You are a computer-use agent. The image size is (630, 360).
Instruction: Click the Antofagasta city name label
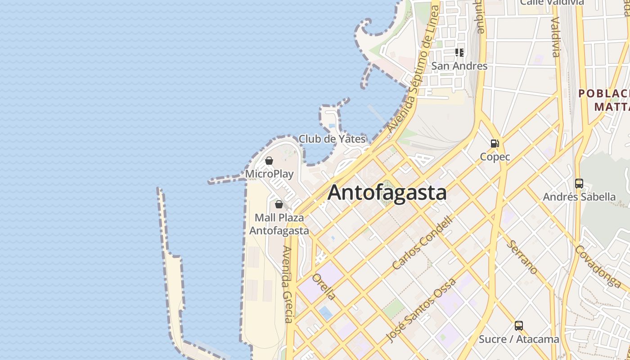[x=387, y=193]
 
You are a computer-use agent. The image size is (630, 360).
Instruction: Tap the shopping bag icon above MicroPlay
[x=269, y=161]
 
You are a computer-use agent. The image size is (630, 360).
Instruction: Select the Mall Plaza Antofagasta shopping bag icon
[x=279, y=204]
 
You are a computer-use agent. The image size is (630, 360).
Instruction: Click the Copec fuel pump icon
[x=495, y=144]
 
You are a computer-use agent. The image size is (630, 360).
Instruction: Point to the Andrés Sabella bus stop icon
[x=579, y=184]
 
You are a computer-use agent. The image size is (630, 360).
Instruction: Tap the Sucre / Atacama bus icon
[x=519, y=325]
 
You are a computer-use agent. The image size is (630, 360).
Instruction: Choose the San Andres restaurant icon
[x=459, y=53]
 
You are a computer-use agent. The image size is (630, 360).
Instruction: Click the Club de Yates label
[x=332, y=139]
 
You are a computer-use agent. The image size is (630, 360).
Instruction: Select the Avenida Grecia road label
[x=288, y=284]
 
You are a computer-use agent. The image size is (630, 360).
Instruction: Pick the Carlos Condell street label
[x=422, y=243]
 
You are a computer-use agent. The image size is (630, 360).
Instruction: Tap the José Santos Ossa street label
[x=422, y=310]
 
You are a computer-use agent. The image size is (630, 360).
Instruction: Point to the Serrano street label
[x=522, y=257]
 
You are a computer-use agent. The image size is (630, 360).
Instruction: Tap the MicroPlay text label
[x=269, y=174]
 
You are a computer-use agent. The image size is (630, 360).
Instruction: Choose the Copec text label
[x=495, y=157]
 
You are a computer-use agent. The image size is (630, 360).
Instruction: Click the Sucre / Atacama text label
[x=519, y=339]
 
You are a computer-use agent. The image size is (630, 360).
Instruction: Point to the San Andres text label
[x=459, y=66]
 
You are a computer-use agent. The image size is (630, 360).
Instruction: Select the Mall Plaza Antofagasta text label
[x=279, y=224]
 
